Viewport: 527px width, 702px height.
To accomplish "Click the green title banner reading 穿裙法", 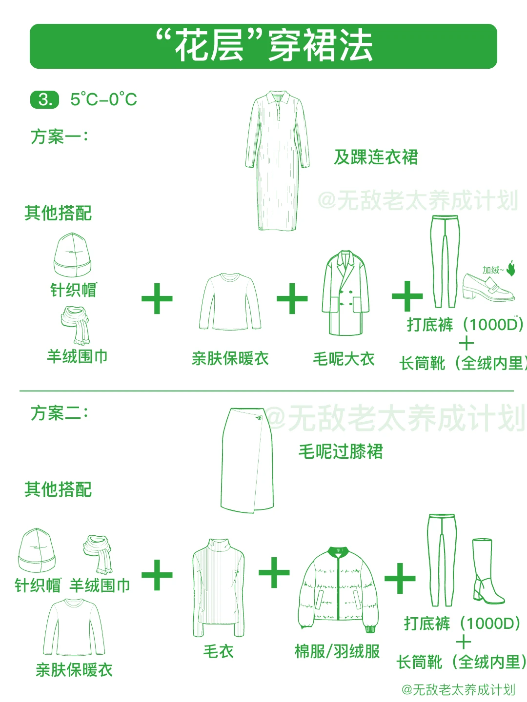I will (x=263, y=46).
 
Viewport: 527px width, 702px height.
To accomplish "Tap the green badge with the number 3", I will (x=44, y=99).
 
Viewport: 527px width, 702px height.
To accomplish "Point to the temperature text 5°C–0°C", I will (x=103, y=99).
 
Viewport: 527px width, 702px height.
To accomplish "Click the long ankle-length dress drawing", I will (x=277, y=166).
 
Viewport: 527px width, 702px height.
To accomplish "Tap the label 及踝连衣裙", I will (x=376, y=157).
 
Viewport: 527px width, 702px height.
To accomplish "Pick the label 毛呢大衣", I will (x=344, y=359).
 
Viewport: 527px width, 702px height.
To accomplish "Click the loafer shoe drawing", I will (x=488, y=287).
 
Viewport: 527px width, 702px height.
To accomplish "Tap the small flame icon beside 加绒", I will (x=511, y=268).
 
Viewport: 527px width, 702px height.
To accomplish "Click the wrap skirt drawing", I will (x=247, y=461).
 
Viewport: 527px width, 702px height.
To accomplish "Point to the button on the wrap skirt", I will (x=259, y=418).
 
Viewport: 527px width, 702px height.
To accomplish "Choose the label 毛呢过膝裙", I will (x=341, y=451).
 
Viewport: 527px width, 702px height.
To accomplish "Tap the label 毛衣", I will (x=218, y=651).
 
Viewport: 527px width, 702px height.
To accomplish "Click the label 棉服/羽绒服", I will (x=337, y=651).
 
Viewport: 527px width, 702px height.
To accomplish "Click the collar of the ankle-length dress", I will (x=277, y=97).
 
